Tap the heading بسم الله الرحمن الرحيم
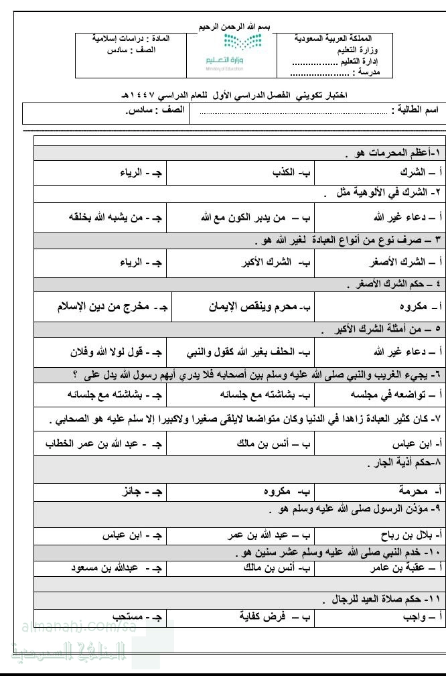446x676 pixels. click(229, 26)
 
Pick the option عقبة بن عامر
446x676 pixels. click(399, 568)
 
